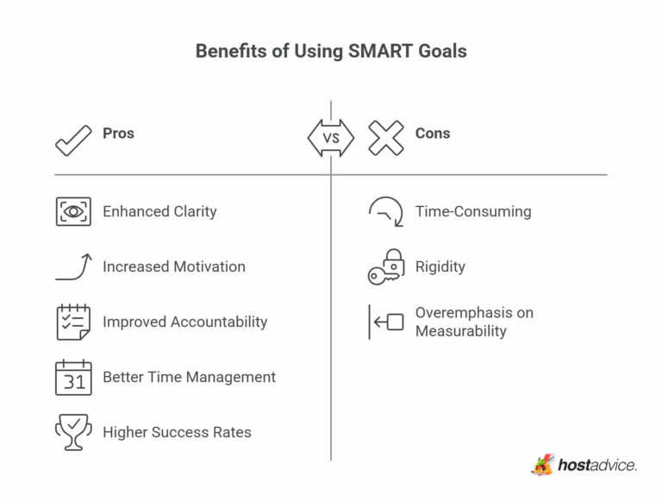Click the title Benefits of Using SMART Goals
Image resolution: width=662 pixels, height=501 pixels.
pyautogui.click(x=331, y=51)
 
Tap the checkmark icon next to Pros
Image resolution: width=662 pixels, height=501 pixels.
pyautogui.click(x=73, y=138)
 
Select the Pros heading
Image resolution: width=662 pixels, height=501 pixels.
pyautogui.click(x=118, y=134)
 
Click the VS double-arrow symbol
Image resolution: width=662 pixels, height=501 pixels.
pyautogui.click(x=331, y=138)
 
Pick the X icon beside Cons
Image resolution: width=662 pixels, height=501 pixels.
pyautogui.click(x=385, y=138)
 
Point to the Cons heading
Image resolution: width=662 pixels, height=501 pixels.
pyautogui.click(x=433, y=134)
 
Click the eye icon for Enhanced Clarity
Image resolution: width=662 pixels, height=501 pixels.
pyautogui.click(x=73, y=211)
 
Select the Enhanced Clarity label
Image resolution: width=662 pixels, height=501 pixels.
pyautogui.click(x=159, y=211)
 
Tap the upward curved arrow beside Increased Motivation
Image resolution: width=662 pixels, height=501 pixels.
pyautogui.click(x=73, y=266)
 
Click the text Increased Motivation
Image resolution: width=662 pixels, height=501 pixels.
pyautogui.click(x=174, y=266)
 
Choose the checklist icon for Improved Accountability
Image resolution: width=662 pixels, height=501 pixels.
pyautogui.click(x=73, y=322)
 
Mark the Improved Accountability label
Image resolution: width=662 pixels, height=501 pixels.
pyautogui.click(x=185, y=322)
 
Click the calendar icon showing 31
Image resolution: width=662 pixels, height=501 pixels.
pyautogui.click(x=73, y=378)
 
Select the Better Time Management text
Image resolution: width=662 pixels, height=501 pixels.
pyautogui.click(x=189, y=377)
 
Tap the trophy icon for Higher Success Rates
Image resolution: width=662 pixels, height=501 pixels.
pyautogui.click(x=73, y=432)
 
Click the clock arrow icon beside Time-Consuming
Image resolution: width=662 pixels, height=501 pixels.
pyautogui.click(x=385, y=211)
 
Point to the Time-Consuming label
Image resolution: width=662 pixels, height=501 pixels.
pyautogui.click(x=473, y=211)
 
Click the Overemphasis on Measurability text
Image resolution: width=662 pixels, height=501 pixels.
pyautogui.click(x=474, y=322)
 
